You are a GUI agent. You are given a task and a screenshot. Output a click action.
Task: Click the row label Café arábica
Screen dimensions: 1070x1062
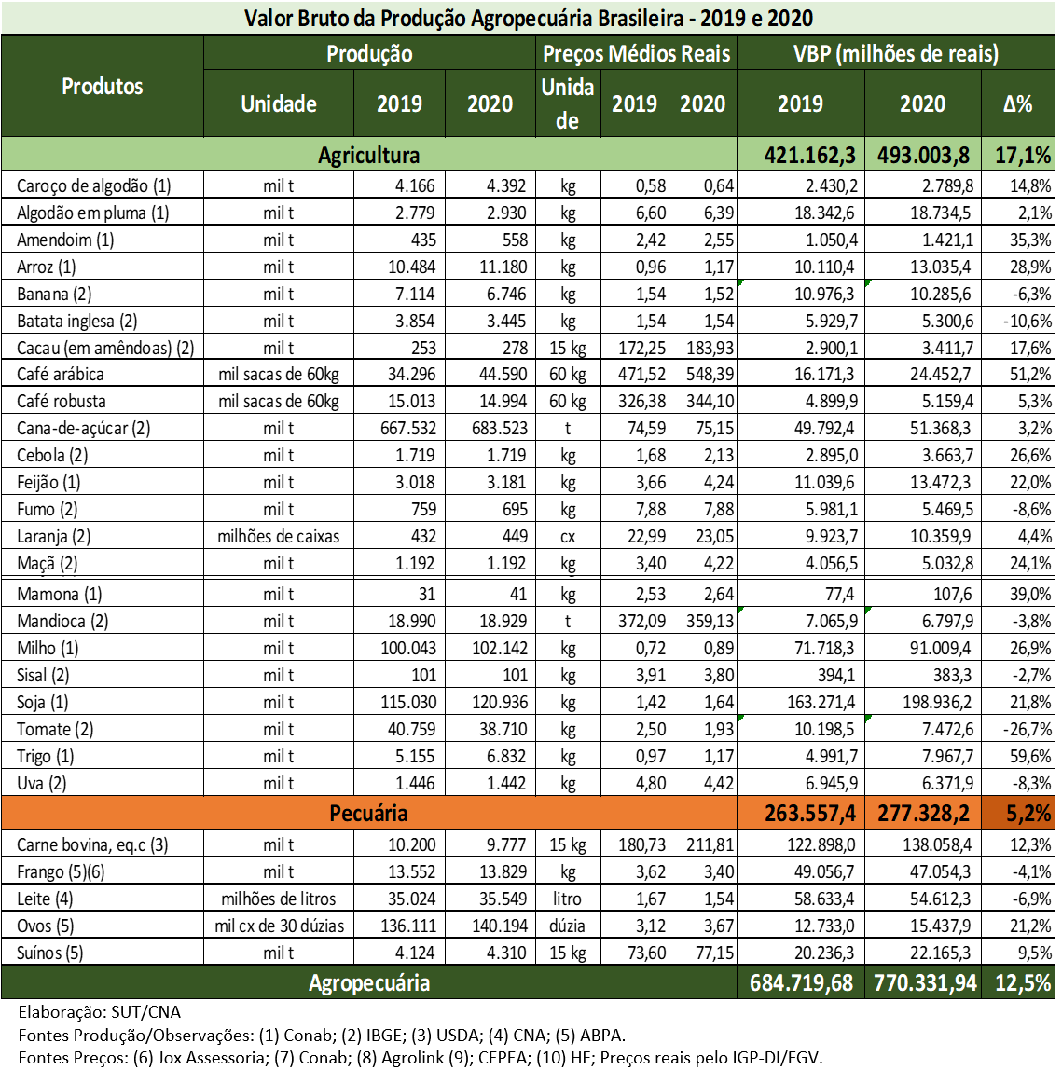point(61,375)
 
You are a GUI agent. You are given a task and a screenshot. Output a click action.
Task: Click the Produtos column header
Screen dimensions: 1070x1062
point(103,87)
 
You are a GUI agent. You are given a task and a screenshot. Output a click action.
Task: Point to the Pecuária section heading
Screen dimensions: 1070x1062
point(368,814)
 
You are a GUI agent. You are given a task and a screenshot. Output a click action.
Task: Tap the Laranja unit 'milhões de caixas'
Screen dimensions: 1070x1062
point(278,537)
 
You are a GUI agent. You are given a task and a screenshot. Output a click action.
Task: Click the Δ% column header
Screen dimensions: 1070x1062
point(1017,104)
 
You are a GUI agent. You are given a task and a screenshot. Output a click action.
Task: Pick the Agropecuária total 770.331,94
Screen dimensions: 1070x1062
point(925,982)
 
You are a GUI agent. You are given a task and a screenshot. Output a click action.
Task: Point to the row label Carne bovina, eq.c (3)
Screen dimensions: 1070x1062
point(92,845)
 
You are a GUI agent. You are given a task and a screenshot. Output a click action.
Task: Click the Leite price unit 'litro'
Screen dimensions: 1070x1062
point(567,899)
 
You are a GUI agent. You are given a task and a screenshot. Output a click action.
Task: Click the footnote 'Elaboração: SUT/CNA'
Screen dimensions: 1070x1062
point(100,1012)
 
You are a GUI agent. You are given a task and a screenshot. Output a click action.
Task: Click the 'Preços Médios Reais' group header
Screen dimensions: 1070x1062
point(637,54)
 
